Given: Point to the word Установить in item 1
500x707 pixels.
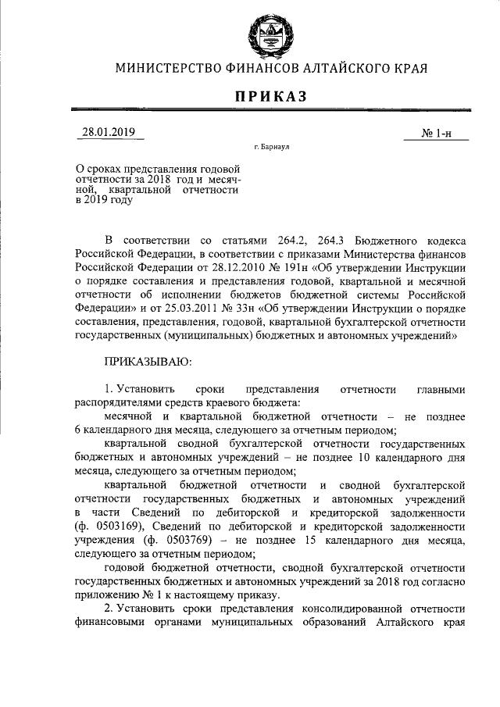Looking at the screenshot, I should pyautogui.click(x=147, y=388).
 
